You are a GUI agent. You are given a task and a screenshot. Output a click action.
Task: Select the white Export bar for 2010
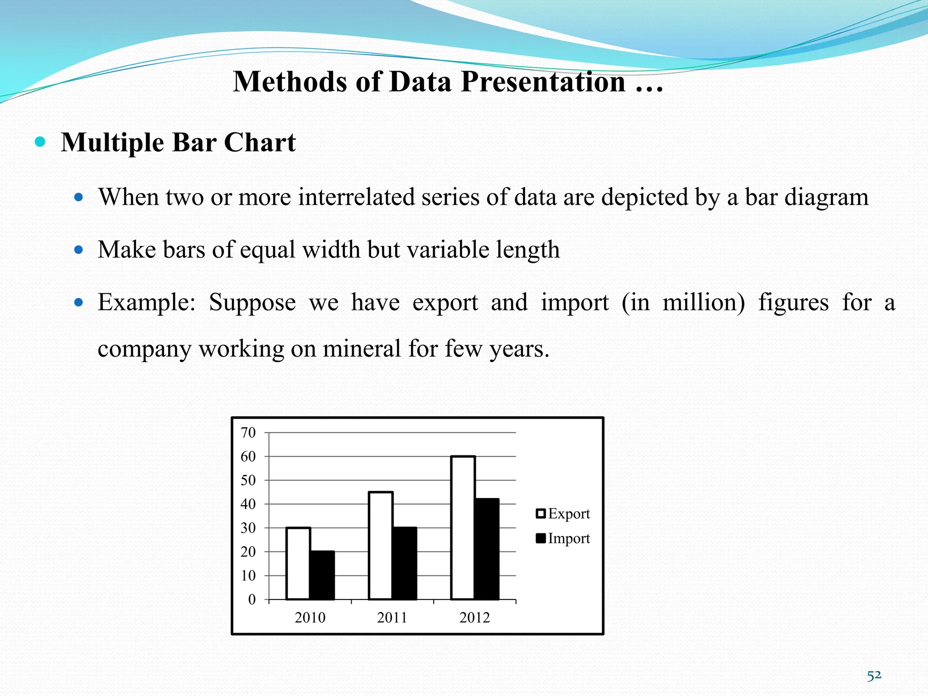point(298,564)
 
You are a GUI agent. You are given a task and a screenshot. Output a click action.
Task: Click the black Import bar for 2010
point(323,575)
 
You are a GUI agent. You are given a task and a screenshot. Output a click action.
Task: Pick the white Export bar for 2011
point(381,546)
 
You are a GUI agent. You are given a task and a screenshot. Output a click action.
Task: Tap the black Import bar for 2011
point(405,564)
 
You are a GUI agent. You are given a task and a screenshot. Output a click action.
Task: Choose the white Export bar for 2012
point(463,528)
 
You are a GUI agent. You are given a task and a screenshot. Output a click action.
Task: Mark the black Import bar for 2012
point(487,549)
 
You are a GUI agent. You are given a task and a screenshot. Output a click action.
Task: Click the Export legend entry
point(563,514)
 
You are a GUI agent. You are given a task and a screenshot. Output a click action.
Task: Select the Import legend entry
point(563,538)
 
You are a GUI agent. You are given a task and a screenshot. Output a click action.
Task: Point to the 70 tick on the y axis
point(248,433)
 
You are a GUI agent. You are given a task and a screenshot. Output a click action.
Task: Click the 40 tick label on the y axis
point(248,504)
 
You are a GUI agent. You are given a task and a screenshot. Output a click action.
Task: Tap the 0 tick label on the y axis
point(252,599)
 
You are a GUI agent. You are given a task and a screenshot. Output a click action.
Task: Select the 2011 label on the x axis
point(392,618)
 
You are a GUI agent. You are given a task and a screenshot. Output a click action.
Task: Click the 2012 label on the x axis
point(475,618)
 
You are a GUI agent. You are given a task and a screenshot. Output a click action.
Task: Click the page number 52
point(874,676)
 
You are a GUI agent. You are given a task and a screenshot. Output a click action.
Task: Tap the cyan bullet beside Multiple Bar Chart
point(40,142)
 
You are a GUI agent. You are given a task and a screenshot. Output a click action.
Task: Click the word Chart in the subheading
point(260,142)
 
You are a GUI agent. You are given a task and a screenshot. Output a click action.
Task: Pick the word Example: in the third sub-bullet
point(146,302)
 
